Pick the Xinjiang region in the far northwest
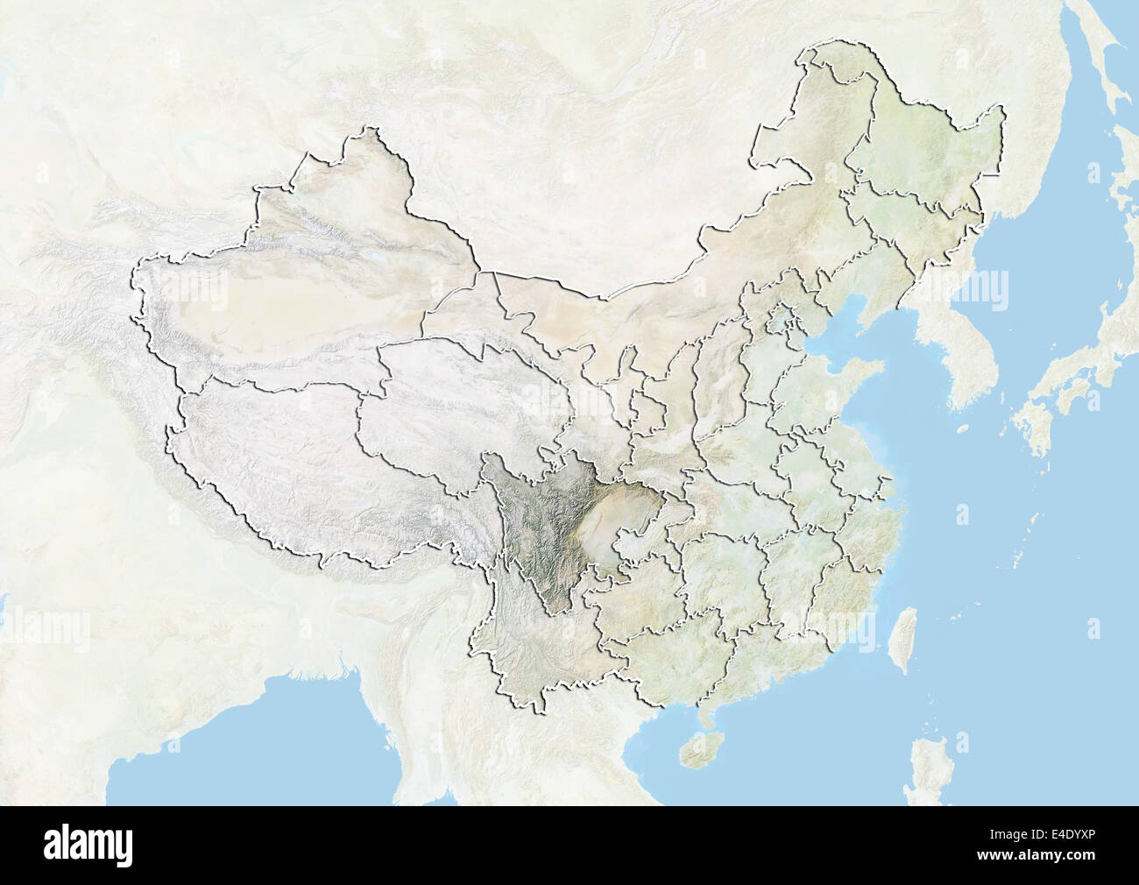point(289,280)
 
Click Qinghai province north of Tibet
point(456,394)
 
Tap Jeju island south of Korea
point(962,428)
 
